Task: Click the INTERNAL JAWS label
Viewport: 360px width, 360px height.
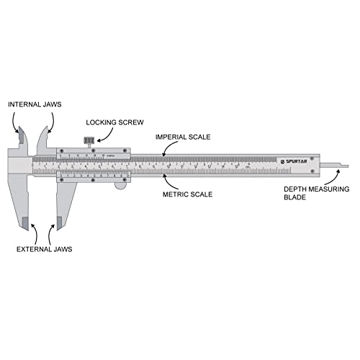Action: point(35,104)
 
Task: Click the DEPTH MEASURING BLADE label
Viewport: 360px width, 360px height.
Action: point(302,192)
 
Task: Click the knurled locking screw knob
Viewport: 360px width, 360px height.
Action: point(89,139)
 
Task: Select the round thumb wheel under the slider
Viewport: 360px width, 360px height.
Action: point(120,185)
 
